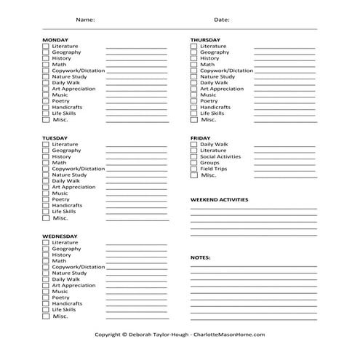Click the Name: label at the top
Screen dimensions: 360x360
(85, 20)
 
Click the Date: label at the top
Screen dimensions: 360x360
(222, 20)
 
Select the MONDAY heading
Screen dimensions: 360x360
(55, 39)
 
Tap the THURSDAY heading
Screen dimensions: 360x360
(206, 39)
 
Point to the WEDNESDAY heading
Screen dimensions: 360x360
(60, 236)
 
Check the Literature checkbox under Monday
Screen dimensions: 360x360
(46, 46)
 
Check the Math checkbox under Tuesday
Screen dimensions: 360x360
(46, 163)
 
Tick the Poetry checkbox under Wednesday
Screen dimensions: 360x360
(46, 297)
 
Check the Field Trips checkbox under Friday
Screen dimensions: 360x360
(194, 169)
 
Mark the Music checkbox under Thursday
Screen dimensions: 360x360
(194, 95)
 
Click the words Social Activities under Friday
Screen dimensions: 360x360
(220, 156)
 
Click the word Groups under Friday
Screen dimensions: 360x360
(209, 163)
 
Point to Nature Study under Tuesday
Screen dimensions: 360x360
(69, 175)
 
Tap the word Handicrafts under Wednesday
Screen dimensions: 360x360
(67, 303)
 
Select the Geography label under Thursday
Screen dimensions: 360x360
(215, 52)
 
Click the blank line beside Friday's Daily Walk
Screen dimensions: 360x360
(284, 145)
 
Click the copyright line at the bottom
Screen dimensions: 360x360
(180, 335)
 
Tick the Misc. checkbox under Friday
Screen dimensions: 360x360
(194, 175)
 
